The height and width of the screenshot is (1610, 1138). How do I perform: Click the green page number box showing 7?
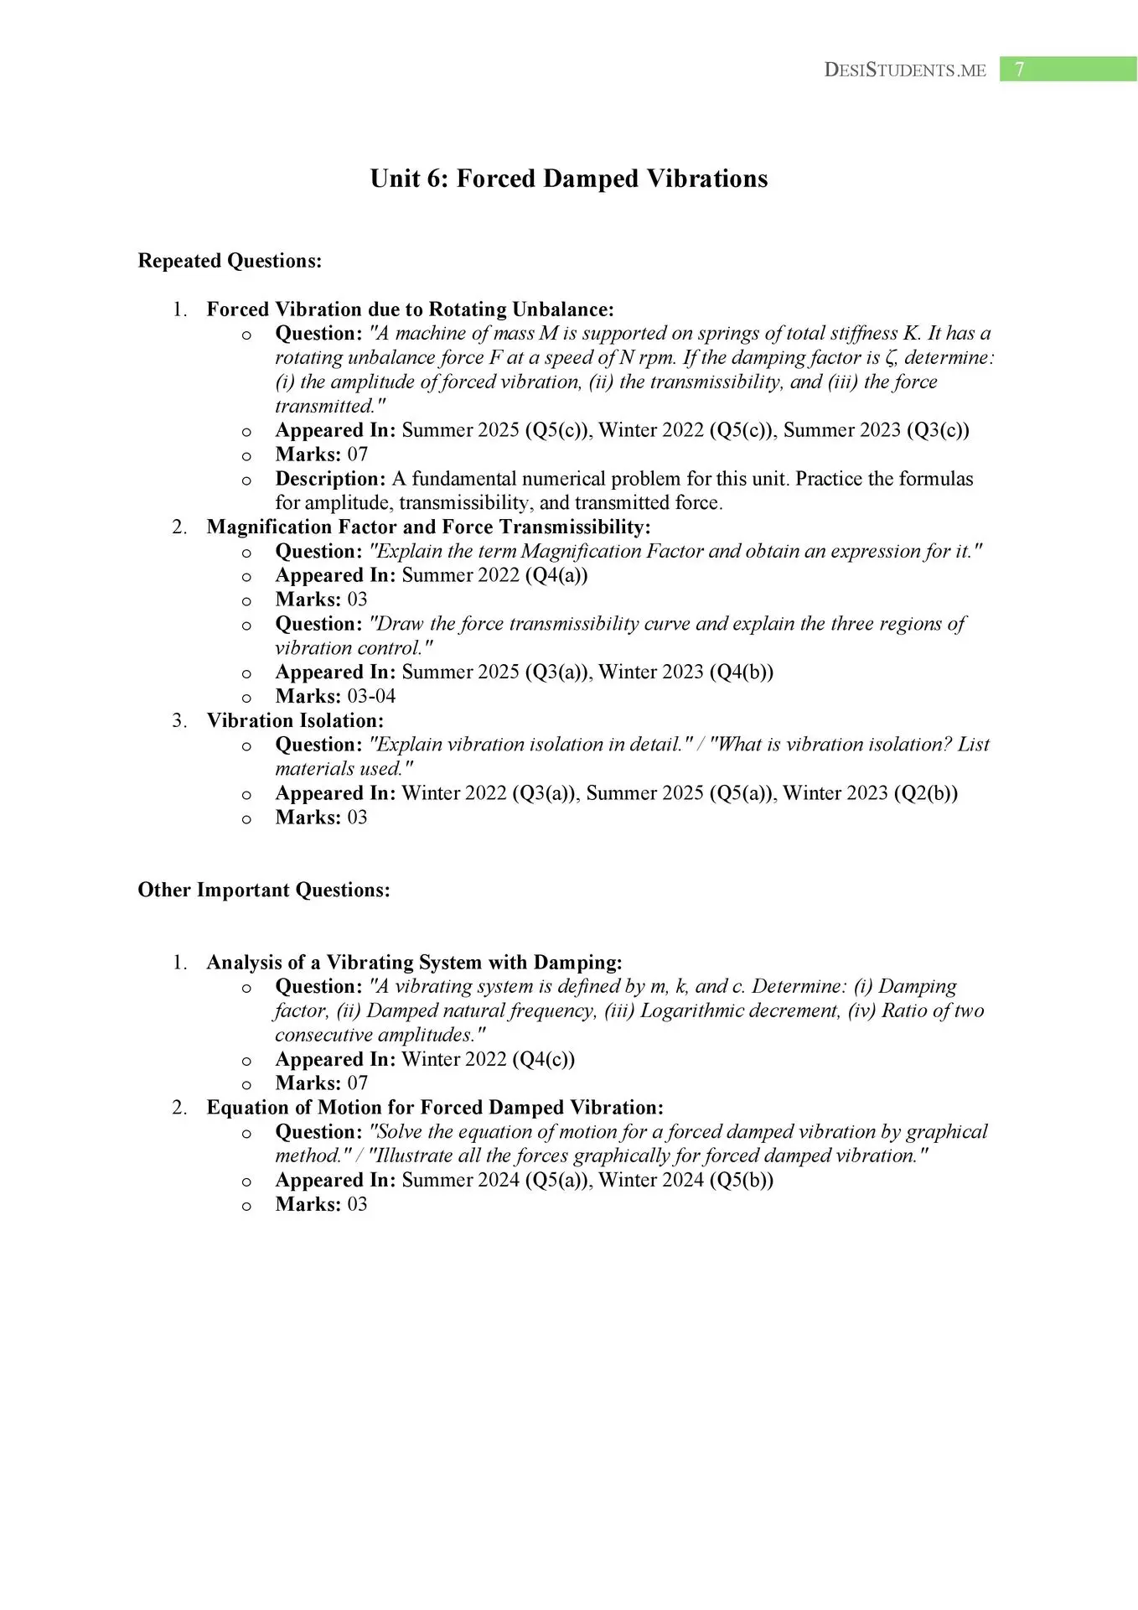click(x=1068, y=70)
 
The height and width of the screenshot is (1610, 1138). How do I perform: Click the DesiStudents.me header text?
click(x=905, y=70)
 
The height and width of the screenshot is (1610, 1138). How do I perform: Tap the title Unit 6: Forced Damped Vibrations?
click(x=569, y=179)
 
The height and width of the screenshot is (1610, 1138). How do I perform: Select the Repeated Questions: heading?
click(x=230, y=261)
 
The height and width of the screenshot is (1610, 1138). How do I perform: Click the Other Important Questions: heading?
click(x=264, y=890)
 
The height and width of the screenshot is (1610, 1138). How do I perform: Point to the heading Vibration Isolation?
click(x=295, y=720)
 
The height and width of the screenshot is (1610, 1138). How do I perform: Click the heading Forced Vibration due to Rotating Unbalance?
click(x=410, y=309)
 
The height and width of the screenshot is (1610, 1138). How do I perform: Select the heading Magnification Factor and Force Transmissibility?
click(x=428, y=527)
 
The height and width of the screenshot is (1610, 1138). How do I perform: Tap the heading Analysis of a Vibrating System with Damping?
click(x=414, y=962)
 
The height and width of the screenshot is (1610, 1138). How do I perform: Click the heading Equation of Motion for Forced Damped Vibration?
click(x=435, y=1107)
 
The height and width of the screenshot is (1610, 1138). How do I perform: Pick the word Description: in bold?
click(x=330, y=479)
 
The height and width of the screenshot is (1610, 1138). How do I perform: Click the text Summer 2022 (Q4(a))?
click(x=494, y=575)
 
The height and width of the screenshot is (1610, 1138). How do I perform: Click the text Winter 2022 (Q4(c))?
click(x=489, y=1059)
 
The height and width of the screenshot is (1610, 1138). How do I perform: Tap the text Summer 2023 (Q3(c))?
click(x=876, y=430)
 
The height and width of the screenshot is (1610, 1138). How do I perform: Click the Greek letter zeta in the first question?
click(x=891, y=358)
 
